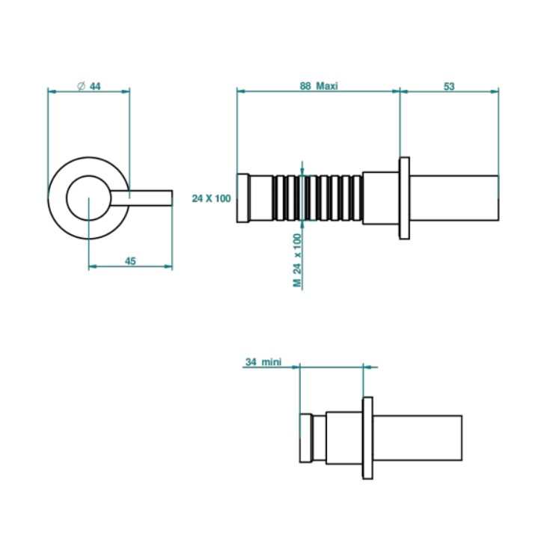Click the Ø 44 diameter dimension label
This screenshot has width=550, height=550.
(89, 86)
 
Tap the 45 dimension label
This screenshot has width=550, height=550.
(130, 261)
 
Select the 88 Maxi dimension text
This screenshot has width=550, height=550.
(319, 86)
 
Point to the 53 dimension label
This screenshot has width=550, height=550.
(449, 86)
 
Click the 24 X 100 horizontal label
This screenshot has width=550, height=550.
(211, 198)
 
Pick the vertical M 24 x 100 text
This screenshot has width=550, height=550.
(298, 260)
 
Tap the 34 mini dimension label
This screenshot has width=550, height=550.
(263, 361)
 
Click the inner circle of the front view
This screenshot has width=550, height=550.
(89, 176)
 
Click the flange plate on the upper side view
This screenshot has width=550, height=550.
(404, 198)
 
